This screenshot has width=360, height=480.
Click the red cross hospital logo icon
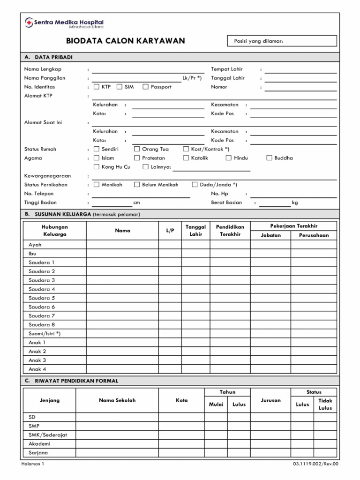point(29,23)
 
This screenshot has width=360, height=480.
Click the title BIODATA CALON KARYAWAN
point(125,41)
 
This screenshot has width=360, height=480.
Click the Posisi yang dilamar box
point(282,41)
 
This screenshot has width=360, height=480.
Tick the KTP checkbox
point(97,87)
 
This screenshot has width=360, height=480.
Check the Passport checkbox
point(146,87)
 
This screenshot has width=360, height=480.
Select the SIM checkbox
point(120,87)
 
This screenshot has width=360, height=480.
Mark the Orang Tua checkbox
point(137,149)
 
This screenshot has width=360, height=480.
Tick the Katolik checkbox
point(186,158)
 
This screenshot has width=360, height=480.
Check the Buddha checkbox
point(269,158)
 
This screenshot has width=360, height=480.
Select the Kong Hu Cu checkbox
point(97,167)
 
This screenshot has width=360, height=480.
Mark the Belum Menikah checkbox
point(137,185)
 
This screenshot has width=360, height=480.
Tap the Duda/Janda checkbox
point(195,185)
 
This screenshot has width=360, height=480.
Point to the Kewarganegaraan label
point(47,176)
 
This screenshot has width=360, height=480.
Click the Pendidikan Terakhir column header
point(230,231)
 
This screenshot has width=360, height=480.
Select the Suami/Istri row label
point(45,334)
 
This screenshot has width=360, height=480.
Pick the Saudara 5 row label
point(42,298)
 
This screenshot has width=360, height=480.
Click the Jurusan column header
point(271,400)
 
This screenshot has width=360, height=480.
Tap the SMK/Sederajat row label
point(48,435)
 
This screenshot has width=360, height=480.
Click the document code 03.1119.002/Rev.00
point(315,464)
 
